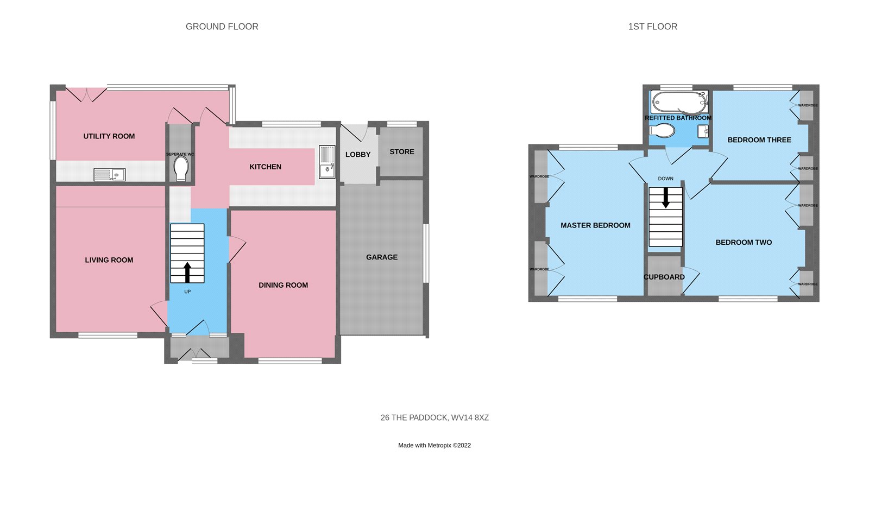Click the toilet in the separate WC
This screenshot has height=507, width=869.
181,169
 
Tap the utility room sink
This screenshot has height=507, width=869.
109,174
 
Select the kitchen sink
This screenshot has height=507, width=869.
327,162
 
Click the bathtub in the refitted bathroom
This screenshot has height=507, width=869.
679,102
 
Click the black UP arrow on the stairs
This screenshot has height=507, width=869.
187,272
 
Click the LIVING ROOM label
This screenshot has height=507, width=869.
109,260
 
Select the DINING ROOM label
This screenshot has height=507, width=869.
283,285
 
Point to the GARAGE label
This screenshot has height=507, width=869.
381,257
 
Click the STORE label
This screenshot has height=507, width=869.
401,152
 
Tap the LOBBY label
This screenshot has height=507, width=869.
357,155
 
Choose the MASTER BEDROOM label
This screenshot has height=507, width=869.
595,225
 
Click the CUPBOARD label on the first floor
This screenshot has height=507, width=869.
664,277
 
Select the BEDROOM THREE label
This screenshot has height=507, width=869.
759,140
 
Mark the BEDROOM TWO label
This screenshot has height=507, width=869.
743,243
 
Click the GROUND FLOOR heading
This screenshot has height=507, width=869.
222,27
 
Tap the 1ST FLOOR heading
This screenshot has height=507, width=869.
652,27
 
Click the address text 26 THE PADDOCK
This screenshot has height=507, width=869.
434,417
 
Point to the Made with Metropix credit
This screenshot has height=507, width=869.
434,445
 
